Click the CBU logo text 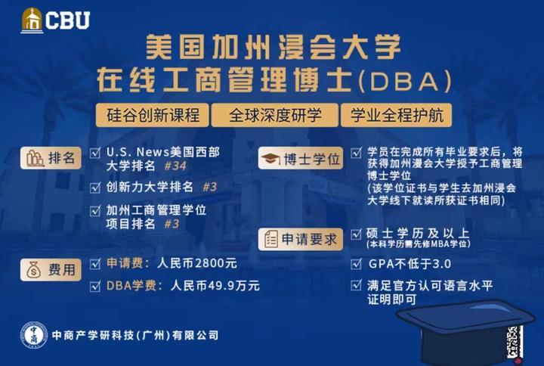coord(67,20)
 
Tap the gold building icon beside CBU coord(32,20)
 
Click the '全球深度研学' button coord(274,116)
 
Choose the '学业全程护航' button coord(396,116)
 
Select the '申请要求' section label coord(301,239)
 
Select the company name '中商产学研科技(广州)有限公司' coord(137,334)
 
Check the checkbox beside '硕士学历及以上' coord(357,232)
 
